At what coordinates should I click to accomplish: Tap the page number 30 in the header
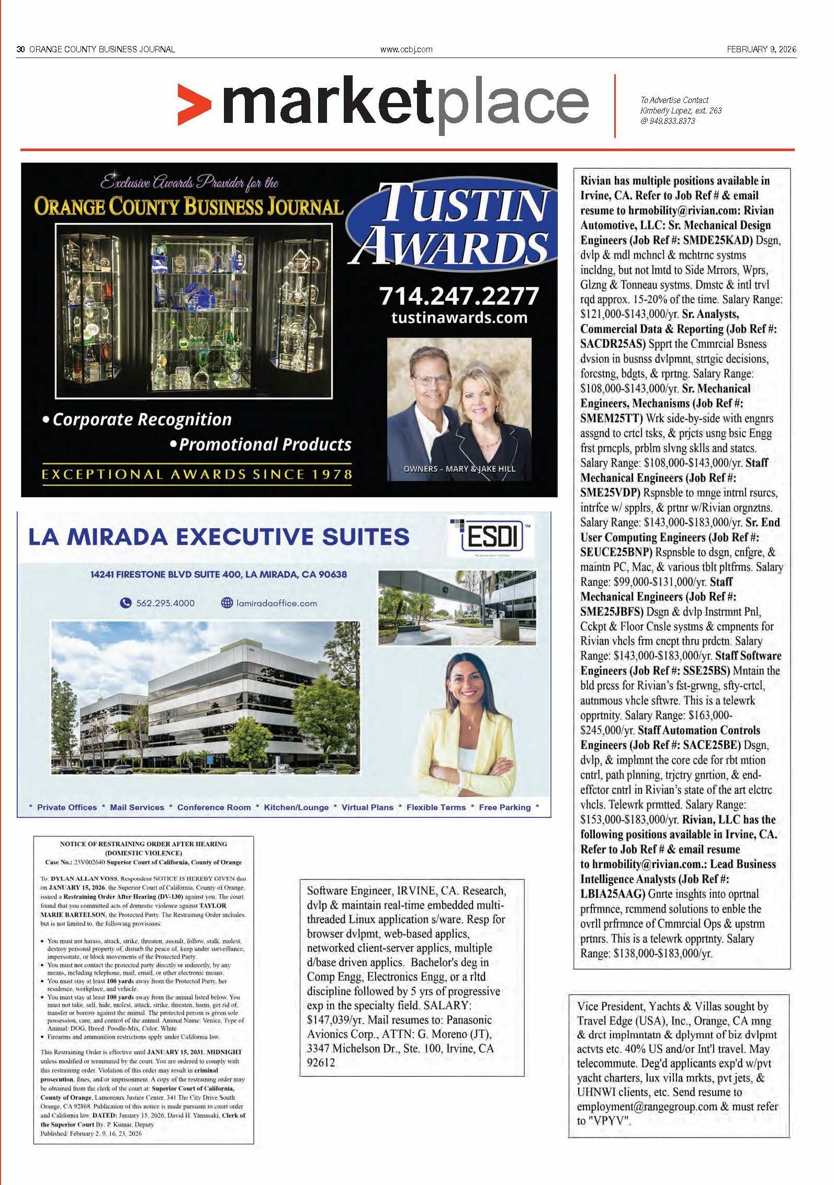pyautogui.click(x=21, y=49)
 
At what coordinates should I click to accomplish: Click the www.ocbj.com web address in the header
pyautogui.click(x=406, y=50)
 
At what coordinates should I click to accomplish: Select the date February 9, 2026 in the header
pyautogui.click(x=761, y=49)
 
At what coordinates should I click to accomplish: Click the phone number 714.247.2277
pyautogui.click(x=458, y=296)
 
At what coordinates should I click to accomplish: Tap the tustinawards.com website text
pyautogui.click(x=459, y=317)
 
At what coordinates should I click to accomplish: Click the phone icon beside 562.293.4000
pyautogui.click(x=126, y=603)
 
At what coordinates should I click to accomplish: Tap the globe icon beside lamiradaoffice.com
pyautogui.click(x=227, y=603)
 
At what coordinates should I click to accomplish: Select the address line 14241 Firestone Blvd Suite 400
pyautogui.click(x=218, y=574)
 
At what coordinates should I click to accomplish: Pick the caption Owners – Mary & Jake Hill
pyautogui.click(x=459, y=469)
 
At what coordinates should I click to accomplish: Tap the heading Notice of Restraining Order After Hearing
pyautogui.click(x=143, y=844)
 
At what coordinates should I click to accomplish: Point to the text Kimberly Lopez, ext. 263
pyautogui.click(x=681, y=110)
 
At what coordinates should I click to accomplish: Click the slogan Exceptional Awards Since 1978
pyautogui.click(x=197, y=474)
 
